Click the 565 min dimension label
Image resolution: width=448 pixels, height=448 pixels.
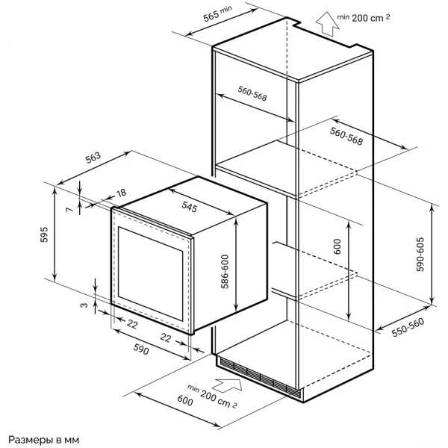point(217,13)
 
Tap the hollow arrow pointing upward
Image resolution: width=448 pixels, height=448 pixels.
point(328,24)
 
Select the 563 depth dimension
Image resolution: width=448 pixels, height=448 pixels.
point(93,158)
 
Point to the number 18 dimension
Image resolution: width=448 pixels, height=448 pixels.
point(122,193)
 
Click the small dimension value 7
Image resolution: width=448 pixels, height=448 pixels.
point(69,210)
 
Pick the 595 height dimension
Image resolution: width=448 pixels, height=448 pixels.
point(44,234)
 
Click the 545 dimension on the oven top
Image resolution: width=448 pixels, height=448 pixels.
point(190,207)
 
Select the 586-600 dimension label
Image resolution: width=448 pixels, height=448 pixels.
point(225,272)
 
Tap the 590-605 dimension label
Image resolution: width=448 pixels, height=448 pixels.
point(420,255)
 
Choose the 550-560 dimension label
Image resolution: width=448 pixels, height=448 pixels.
point(408,328)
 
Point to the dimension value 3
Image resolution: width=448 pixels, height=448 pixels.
point(84,305)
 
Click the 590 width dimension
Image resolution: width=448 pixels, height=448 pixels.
point(141,349)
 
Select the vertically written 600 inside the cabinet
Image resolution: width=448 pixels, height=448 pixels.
point(337,246)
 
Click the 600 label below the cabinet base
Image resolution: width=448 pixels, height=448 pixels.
point(185,400)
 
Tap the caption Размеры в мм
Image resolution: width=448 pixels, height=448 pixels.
point(44,440)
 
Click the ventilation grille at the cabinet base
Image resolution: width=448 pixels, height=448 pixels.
point(259,378)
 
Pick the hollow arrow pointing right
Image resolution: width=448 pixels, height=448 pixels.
point(228,385)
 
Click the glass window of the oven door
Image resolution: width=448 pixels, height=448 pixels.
point(150,273)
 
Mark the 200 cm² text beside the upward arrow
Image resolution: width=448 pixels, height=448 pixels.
point(370,18)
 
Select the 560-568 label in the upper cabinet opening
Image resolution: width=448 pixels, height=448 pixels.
point(252,93)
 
